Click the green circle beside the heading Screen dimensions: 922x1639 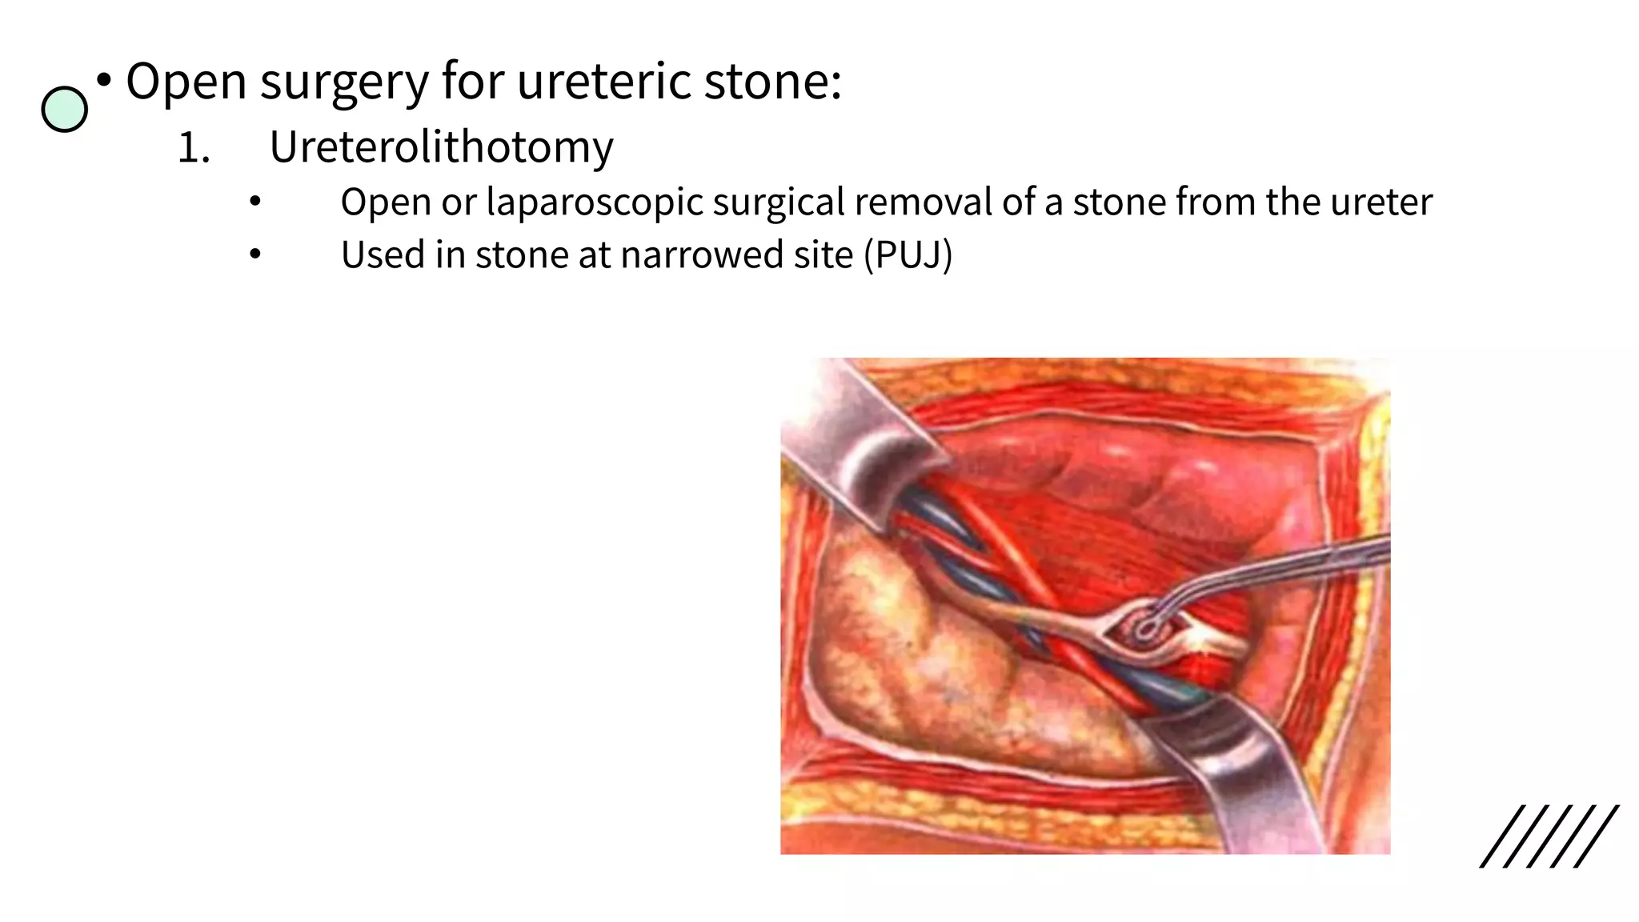[x=64, y=110]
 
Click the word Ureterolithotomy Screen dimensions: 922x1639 [x=441, y=148]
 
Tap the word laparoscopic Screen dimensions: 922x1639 [x=595, y=202]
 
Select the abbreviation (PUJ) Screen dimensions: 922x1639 [x=908, y=255]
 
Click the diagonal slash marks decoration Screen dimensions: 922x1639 [x=1549, y=836]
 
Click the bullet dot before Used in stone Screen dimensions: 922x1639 [x=254, y=255]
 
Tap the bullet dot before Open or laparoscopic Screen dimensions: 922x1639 [x=254, y=202]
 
